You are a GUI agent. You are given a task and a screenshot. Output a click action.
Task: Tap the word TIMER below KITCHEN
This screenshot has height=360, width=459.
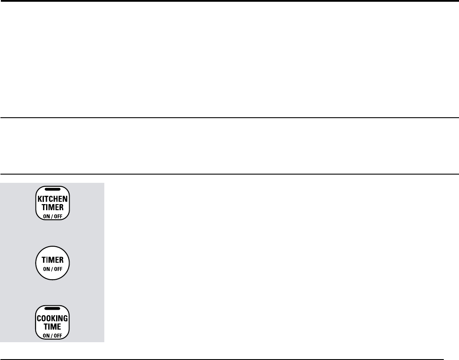[52, 207]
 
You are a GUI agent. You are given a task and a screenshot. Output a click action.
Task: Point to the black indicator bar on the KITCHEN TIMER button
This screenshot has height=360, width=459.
[52, 190]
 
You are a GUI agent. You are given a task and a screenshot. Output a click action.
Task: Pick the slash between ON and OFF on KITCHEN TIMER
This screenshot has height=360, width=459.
[52, 215]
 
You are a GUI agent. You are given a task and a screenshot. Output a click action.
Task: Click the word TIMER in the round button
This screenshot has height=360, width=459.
[52, 260]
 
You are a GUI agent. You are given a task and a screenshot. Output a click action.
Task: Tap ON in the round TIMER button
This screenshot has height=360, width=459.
[46, 268]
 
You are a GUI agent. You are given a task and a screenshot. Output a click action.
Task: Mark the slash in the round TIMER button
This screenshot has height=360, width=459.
[52, 268]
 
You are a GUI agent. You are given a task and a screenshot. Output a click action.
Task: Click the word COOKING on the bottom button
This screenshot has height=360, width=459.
[52, 318]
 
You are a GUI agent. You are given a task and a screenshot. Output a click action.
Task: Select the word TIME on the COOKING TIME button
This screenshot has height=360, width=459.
[52, 326]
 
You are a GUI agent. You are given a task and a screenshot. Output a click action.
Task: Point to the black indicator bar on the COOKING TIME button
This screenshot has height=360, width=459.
[52, 308]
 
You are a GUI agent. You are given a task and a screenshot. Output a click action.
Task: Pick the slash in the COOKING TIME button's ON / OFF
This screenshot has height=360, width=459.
[52, 334]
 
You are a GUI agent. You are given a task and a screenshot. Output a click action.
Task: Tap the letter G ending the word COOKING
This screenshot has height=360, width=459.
[65, 318]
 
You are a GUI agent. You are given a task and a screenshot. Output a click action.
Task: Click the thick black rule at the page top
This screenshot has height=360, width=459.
[229, 1]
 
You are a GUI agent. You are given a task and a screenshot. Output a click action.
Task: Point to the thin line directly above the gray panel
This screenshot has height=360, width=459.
[229, 174]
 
